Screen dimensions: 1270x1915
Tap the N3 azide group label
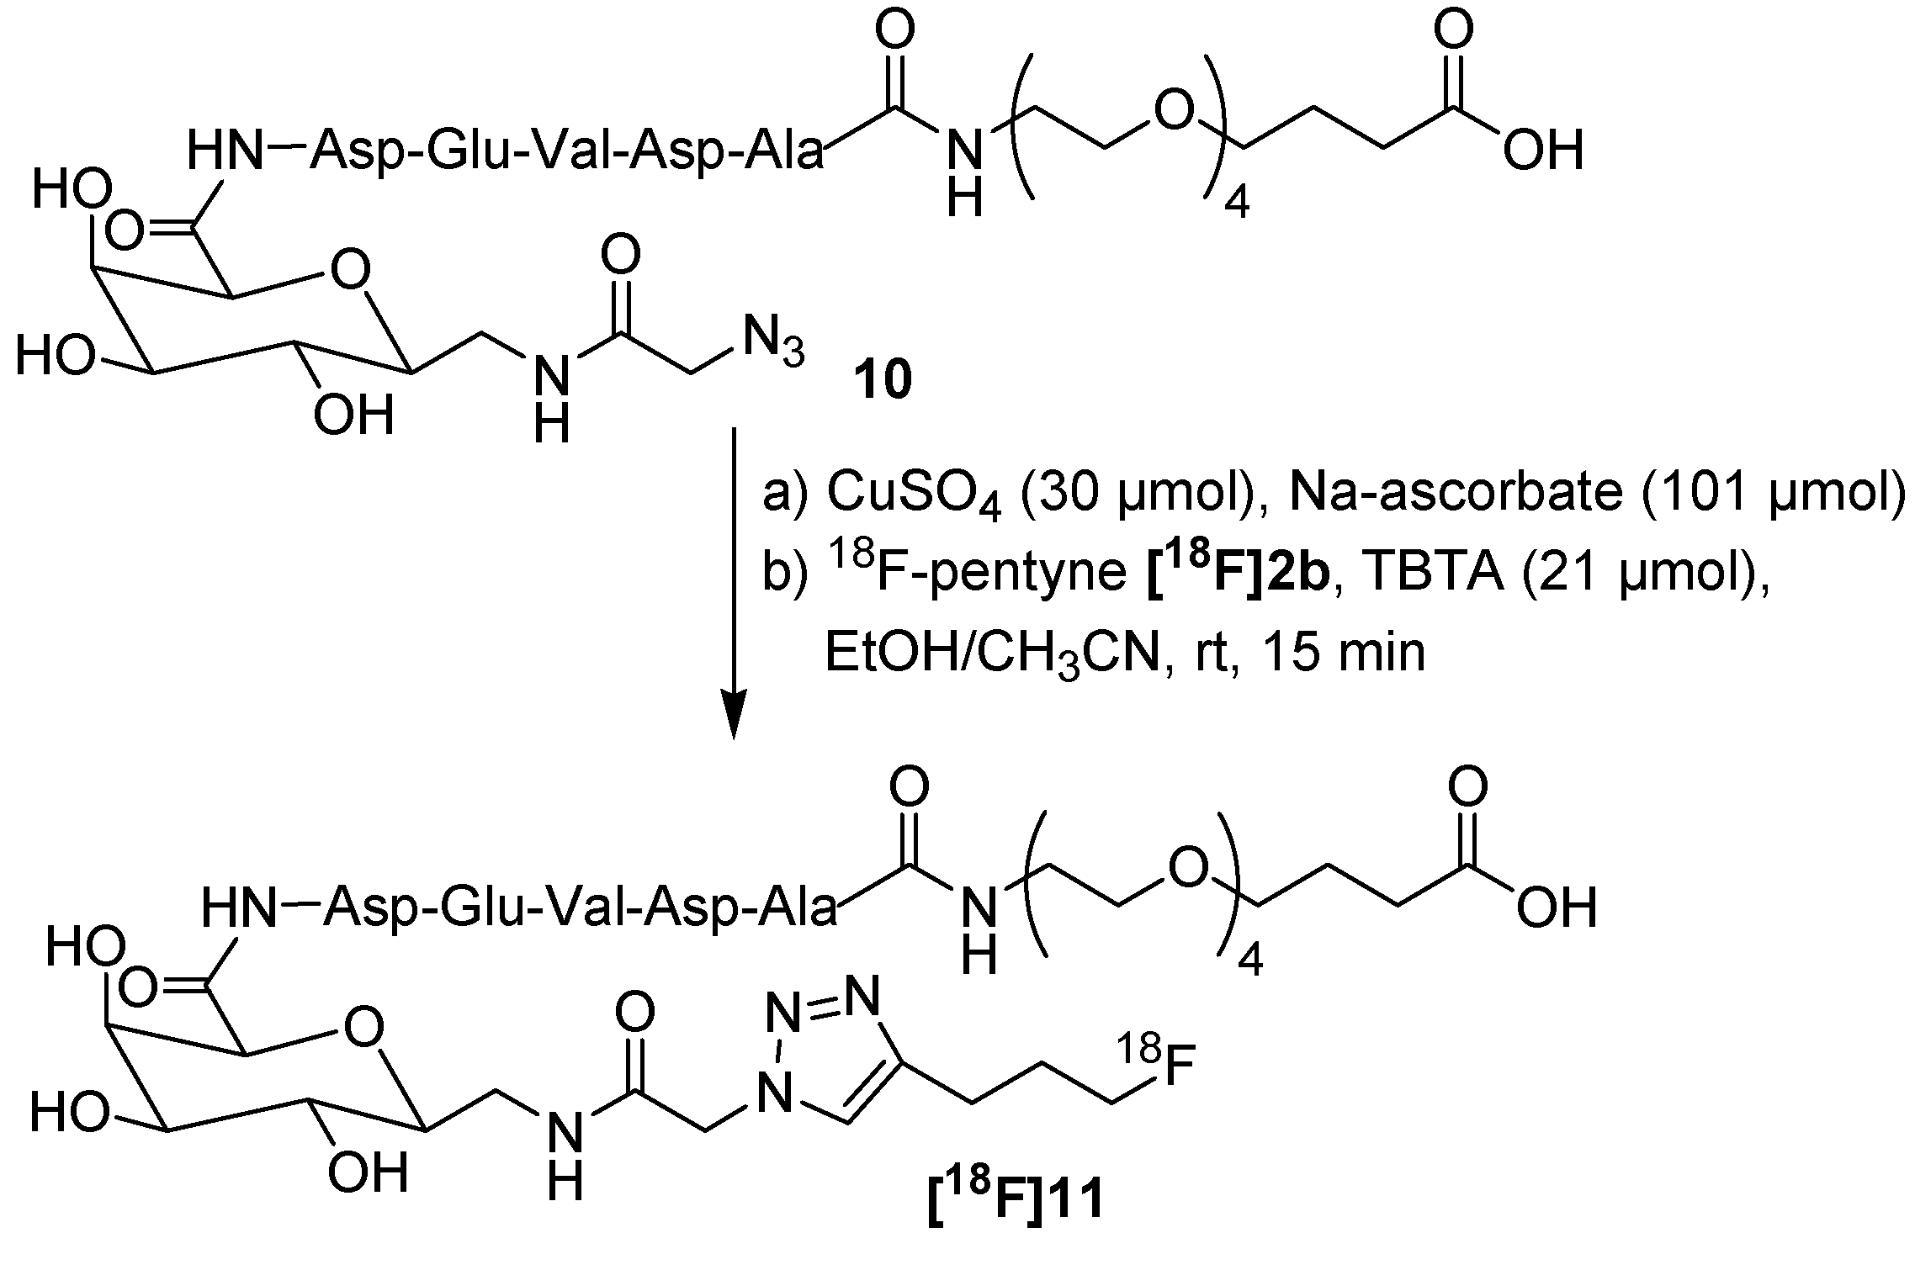772,342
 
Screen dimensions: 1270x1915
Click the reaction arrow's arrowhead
735,720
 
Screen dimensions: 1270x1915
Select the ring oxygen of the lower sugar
363,1027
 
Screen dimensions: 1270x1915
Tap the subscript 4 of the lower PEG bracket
1250,960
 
